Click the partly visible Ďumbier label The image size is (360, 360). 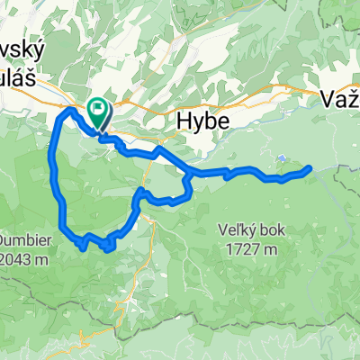tap(20, 218)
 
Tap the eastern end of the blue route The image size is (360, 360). tap(310, 167)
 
